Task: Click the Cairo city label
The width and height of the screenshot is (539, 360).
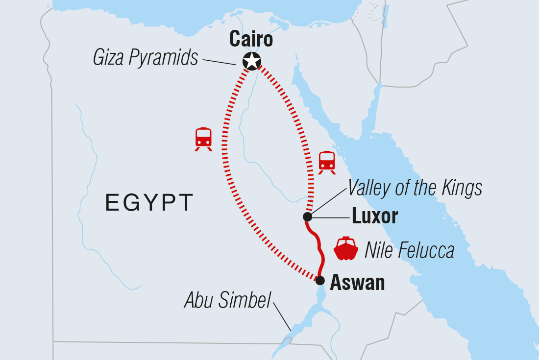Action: (251, 39)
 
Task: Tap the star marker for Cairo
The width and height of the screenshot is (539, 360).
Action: (252, 61)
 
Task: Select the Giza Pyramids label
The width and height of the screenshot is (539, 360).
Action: (146, 58)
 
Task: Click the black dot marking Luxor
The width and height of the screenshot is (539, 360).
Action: (307, 216)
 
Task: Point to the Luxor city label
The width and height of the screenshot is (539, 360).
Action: (375, 216)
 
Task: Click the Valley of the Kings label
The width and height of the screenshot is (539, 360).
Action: (415, 188)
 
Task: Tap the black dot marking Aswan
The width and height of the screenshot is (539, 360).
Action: (319, 281)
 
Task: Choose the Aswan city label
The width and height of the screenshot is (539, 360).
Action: (357, 283)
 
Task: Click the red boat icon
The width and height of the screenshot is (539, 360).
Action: (346, 249)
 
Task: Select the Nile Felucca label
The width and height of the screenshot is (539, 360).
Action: (409, 251)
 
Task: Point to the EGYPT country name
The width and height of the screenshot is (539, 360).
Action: (149, 203)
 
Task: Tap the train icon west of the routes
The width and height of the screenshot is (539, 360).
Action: (203, 139)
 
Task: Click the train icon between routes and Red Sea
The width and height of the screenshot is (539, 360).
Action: (327, 162)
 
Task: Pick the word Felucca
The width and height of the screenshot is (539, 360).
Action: (426, 251)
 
